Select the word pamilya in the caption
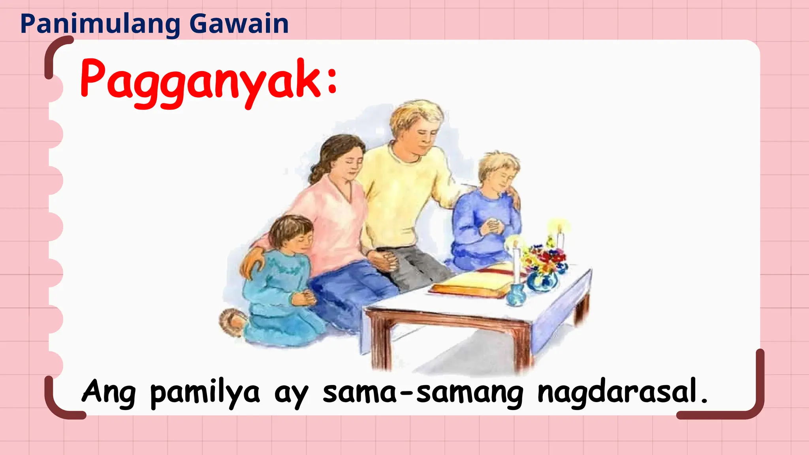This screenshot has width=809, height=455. tap(205, 393)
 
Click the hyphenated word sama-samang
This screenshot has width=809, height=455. tap(423, 393)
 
